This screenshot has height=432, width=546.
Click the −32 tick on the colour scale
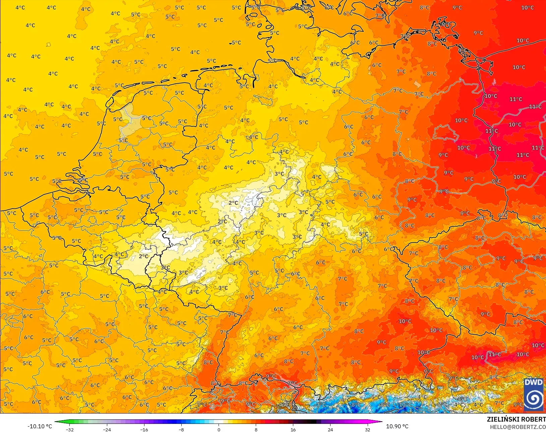(69, 429)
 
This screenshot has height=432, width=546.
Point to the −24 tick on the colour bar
(107, 429)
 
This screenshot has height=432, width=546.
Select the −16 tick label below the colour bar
(144, 429)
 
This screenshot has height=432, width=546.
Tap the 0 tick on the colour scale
(219, 429)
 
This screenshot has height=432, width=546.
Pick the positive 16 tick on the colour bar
(293, 429)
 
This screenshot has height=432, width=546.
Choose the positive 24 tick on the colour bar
(330, 429)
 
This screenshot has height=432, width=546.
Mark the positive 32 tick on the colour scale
(367, 429)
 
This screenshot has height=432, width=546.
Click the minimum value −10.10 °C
(40, 426)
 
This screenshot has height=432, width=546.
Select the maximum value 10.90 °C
(397, 426)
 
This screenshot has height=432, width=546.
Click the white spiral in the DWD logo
(533, 399)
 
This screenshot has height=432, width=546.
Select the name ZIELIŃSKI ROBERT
(516, 419)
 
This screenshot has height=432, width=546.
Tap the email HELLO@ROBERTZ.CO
(518, 427)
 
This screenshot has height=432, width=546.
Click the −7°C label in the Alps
(320, 404)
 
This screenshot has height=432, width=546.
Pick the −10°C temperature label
(405, 404)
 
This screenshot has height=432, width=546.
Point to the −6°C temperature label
(441, 404)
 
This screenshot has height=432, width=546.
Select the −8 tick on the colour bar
(181, 429)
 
